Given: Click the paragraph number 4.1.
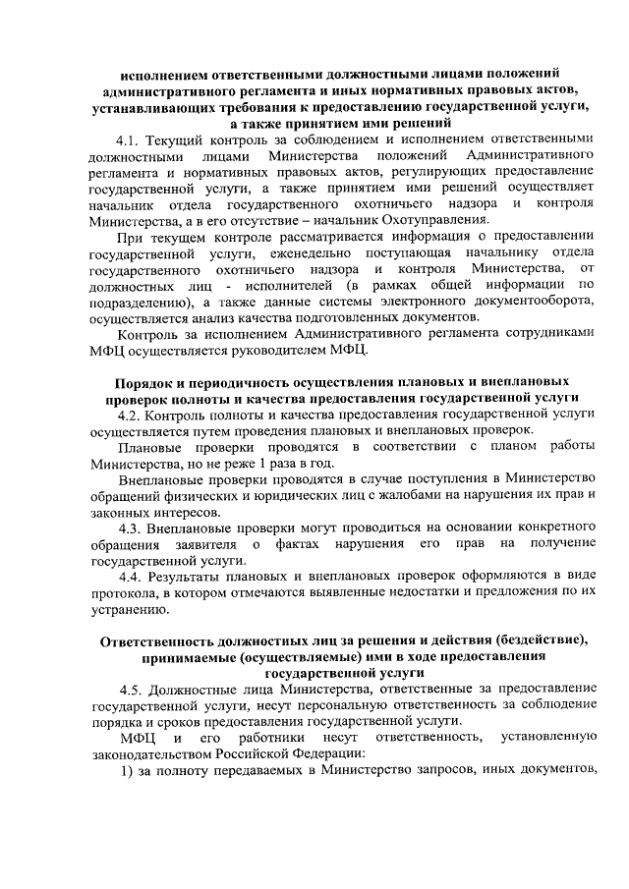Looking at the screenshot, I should point(130,140).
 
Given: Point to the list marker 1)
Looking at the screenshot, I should point(126,769).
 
